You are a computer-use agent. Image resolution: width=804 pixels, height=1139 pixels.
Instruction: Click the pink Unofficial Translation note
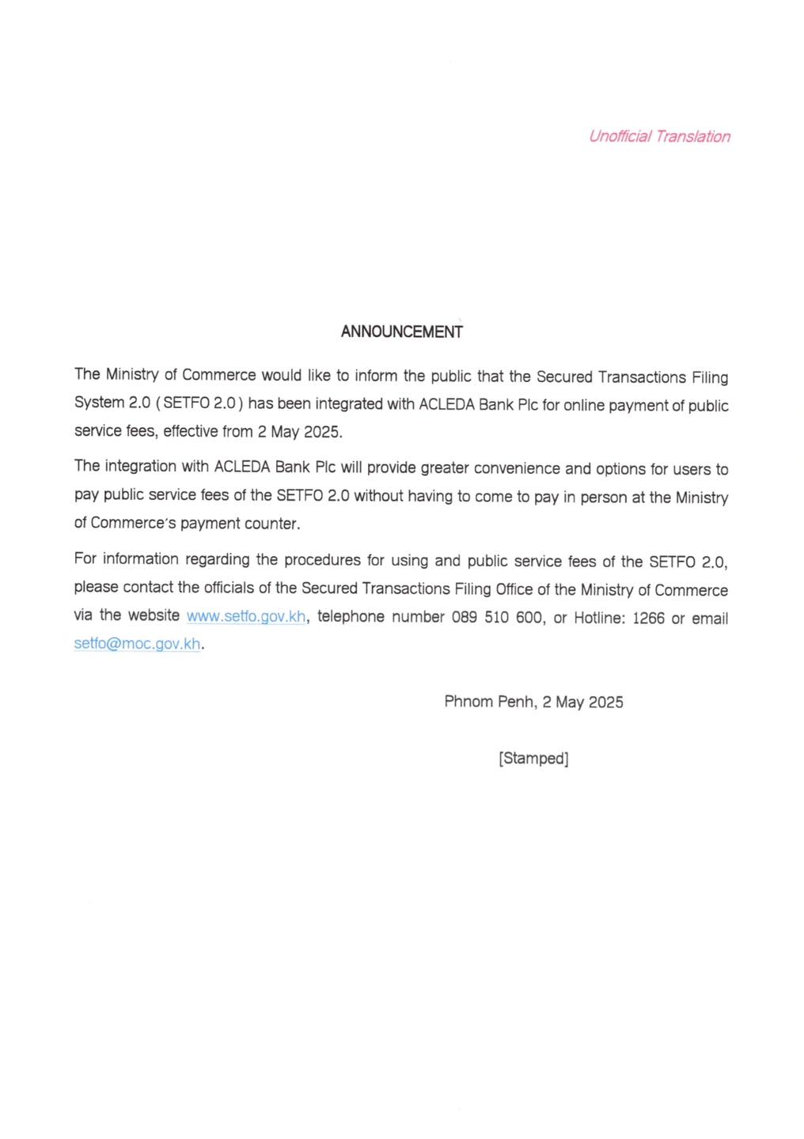point(659,136)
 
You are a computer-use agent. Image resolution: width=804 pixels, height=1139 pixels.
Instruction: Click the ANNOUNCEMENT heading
point(401,332)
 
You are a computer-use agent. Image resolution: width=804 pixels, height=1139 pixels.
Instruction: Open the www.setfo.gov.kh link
point(246,616)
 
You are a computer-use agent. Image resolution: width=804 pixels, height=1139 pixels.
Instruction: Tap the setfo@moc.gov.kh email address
point(137,644)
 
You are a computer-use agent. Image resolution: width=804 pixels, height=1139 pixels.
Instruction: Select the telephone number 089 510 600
point(497,617)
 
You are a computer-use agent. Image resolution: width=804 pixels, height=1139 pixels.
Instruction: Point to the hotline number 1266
point(648,619)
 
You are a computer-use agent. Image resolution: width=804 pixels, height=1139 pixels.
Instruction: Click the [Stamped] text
point(533,759)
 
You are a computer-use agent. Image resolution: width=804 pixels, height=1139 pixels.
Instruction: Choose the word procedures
point(322,560)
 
